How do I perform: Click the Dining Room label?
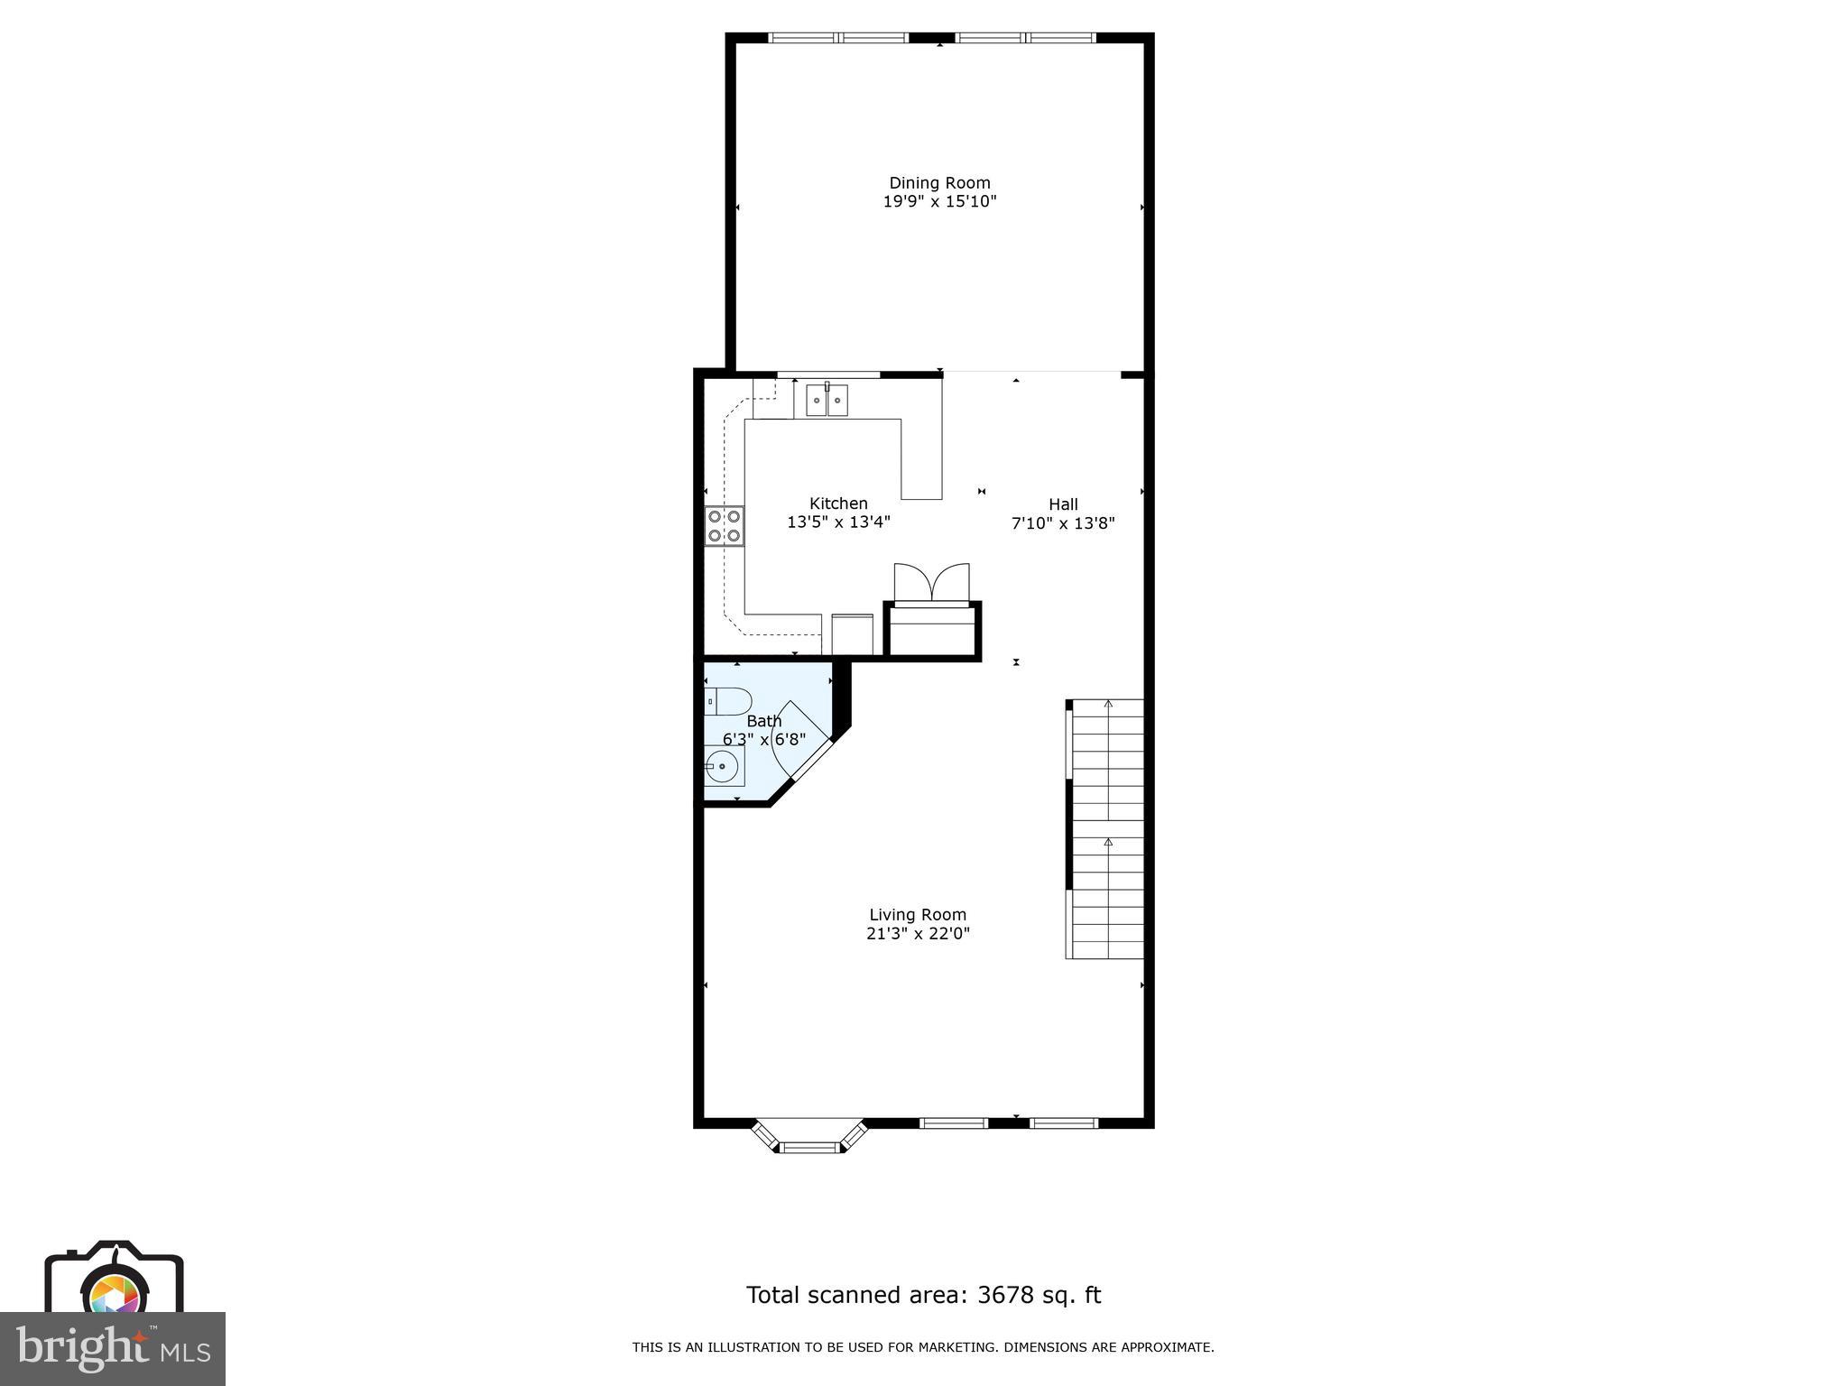click(x=939, y=183)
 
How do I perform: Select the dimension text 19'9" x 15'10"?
click(x=939, y=202)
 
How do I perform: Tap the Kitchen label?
click(x=838, y=504)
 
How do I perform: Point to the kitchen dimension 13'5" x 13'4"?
click(x=838, y=522)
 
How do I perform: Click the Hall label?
click(x=1063, y=504)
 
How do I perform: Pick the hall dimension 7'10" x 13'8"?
click(x=1063, y=523)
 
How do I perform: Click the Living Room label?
click(x=918, y=915)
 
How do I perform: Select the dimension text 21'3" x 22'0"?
click(x=918, y=934)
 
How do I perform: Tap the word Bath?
click(x=764, y=721)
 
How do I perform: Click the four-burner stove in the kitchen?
click(x=725, y=526)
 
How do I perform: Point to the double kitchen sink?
click(x=827, y=400)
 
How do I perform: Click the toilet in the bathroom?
click(x=728, y=701)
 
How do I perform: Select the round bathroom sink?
click(x=723, y=767)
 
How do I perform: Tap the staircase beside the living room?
click(x=1106, y=828)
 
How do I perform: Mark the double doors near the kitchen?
click(x=931, y=583)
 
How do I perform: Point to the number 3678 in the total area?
click(x=1010, y=1296)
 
